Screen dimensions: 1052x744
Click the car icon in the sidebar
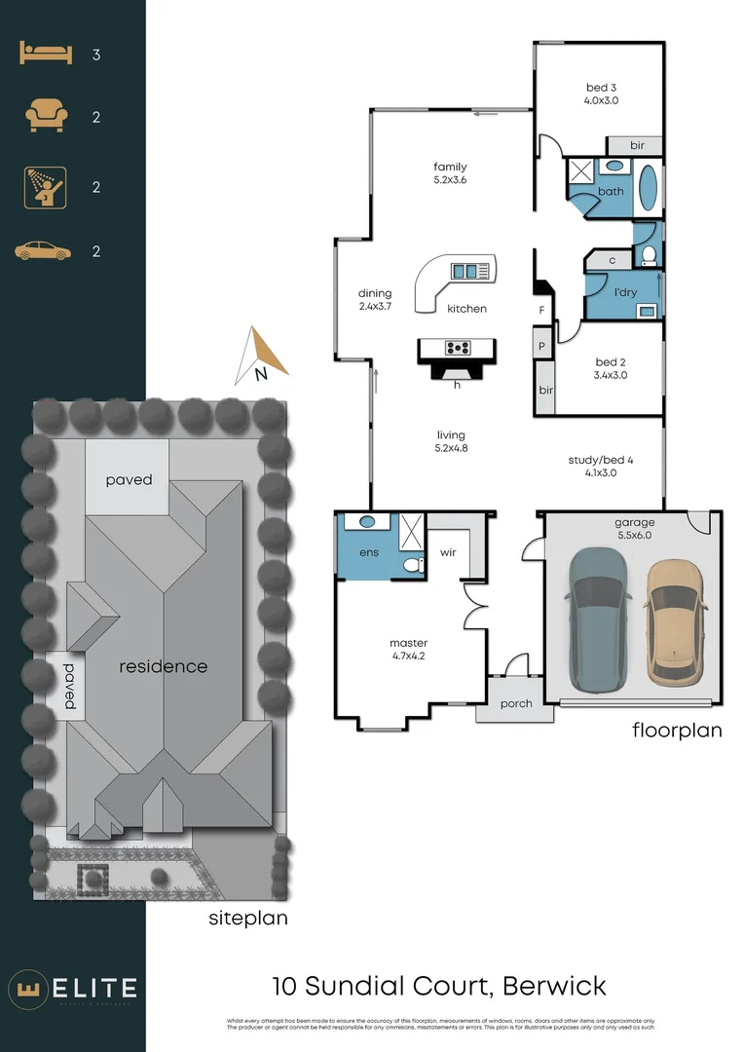[x=43, y=251]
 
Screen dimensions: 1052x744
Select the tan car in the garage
[x=675, y=620]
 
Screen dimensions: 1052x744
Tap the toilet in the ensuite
[x=413, y=564]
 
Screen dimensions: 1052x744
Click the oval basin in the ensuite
[x=368, y=522]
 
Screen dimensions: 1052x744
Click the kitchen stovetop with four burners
[x=455, y=347]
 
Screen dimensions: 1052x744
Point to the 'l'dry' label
[x=611, y=291]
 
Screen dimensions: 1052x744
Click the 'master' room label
[x=408, y=643]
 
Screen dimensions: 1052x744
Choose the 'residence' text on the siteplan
[x=164, y=666]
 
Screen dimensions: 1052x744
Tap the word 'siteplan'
[x=248, y=918]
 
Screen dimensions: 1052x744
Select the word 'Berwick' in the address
[x=555, y=986]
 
